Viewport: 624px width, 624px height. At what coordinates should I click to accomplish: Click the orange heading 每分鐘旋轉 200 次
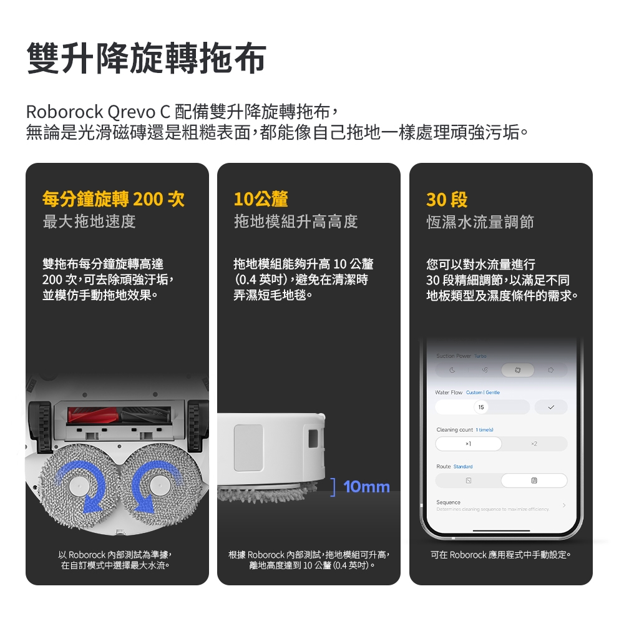pos(113,200)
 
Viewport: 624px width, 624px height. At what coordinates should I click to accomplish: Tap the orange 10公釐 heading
pos(261,200)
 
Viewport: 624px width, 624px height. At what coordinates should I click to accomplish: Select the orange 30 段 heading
pos(447,200)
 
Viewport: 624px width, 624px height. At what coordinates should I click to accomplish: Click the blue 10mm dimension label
pos(366,487)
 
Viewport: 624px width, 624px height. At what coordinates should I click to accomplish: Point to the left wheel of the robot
pos(44,427)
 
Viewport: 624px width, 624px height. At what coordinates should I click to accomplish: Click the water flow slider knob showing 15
pos(480,407)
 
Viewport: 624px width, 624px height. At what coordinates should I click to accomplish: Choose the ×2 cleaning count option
pos(534,444)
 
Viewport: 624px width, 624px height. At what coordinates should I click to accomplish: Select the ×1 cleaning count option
pos(468,444)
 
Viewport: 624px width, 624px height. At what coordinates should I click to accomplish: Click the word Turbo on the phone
pos(480,356)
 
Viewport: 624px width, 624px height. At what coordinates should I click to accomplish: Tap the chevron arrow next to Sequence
pos(564,505)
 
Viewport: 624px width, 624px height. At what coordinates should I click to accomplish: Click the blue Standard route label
pos(463,467)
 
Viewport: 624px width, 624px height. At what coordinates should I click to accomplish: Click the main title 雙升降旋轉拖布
pos(146,59)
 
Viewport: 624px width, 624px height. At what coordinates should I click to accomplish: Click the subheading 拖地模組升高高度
pos(296,222)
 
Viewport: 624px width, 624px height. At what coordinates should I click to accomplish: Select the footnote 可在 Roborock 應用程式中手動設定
pos(500,555)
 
